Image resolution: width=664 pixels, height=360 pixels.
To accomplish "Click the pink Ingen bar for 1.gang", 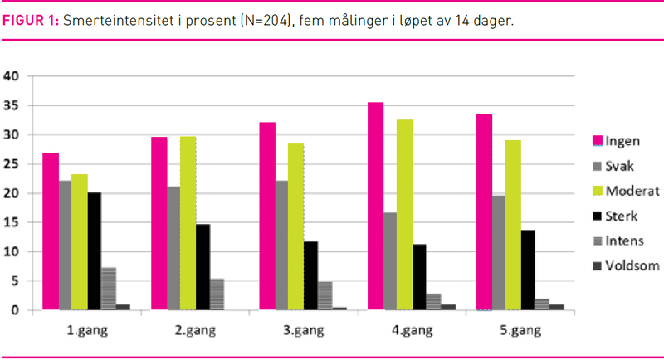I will coord(51,231).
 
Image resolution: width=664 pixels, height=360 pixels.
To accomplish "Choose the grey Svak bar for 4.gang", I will coord(390,261).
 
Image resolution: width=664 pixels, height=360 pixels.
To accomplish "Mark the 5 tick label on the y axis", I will coord(14,281).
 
